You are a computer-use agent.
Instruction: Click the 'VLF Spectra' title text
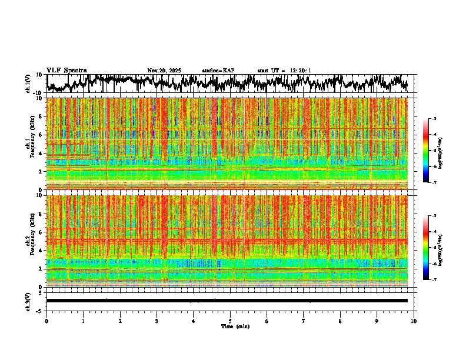[66, 70]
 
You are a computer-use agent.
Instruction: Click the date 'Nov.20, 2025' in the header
[164, 71]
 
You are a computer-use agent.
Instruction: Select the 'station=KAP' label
[218, 71]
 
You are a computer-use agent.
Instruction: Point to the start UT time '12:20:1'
[299, 71]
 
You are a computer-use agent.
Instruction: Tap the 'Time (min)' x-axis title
[235, 326]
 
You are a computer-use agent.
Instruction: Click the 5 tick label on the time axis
[230, 321]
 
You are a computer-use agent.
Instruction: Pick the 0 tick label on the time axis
[46, 321]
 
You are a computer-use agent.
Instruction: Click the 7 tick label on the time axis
[304, 321]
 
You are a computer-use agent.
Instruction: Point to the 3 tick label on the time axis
[157, 321]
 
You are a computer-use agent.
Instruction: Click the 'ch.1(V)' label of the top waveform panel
[28, 84]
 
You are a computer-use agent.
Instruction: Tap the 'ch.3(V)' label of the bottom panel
[28, 301]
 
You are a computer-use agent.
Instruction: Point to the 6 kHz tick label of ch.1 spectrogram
[41, 135]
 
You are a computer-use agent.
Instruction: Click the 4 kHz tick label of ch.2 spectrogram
[41, 251]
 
